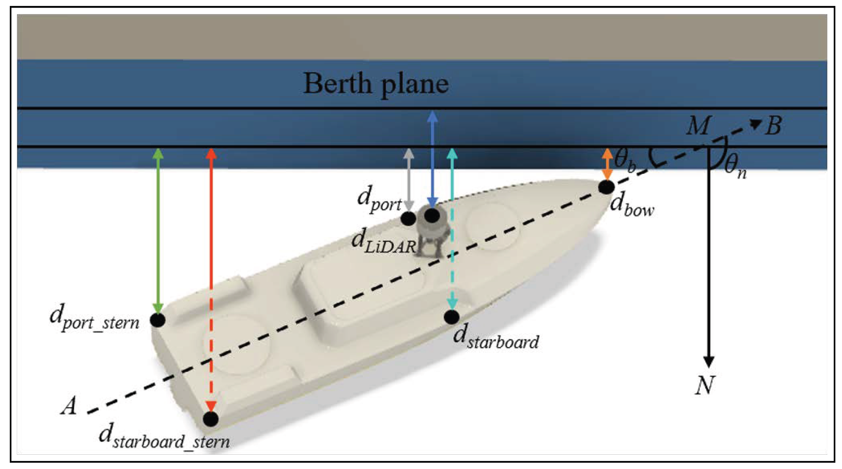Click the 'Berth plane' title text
[x=376, y=84]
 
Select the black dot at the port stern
[x=158, y=320]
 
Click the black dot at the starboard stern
[x=211, y=419]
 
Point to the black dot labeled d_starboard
[x=452, y=317]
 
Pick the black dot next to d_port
[x=408, y=219]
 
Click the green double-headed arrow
[x=158, y=230]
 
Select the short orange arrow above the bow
[x=608, y=164]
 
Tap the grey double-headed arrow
[x=408, y=180]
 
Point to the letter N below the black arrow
[x=705, y=386]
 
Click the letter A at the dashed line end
[x=69, y=406]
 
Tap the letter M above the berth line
[x=698, y=125]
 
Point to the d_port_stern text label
[x=94, y=318]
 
